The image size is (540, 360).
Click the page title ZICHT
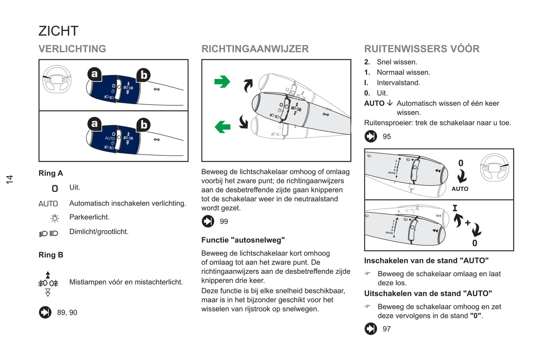click(x=58, y=31)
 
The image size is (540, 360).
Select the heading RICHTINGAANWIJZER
click(x=255, y=49)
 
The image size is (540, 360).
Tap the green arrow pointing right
click(x=222, y=81)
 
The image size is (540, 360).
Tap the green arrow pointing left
click(x=223, y=127)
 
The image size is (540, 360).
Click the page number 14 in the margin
click(x=10, y=179)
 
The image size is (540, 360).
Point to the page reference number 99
click(x=224, y=221)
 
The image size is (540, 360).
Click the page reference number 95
click(x=387, y=137)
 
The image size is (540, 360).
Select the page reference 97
click(x=387, y=329)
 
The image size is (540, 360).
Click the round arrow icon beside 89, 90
click(x=45, y=312)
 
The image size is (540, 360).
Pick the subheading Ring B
click(x=51, y=255)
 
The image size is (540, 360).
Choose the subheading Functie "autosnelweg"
click(x=243, y=240)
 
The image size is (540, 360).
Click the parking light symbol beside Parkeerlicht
click(x=55, y=218)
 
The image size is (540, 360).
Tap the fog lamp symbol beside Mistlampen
click(x=48, y=283)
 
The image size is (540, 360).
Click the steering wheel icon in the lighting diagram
click(x=57, y=79)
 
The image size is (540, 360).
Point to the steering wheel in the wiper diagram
click(x=494, y=168)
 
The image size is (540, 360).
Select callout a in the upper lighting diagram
click(x=95, y=74)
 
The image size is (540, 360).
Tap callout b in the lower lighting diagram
click(x=144, y=125)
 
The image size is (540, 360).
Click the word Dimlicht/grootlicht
click(x=99, y=232)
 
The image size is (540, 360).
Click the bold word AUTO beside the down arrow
click(x=374, y=103)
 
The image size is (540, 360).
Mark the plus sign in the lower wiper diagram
click(x=468, y=223)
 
